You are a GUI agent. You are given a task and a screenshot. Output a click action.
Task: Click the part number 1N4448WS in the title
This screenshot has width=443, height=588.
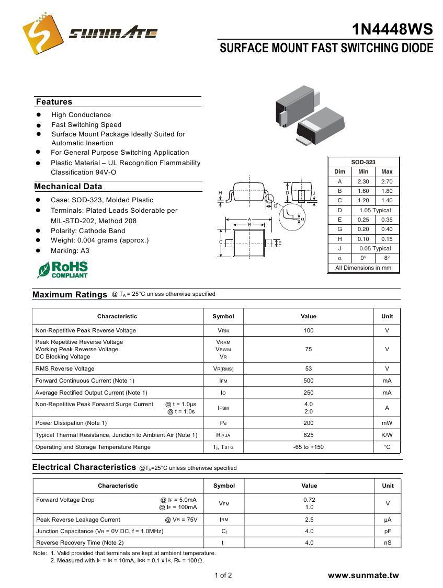point(392,29)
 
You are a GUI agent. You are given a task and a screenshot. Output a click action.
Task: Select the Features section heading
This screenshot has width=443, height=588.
point(54,102)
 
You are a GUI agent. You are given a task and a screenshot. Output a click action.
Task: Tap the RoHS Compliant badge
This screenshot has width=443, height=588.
point(63,270)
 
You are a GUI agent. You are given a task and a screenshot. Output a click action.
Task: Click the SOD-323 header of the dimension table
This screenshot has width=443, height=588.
point(363,162)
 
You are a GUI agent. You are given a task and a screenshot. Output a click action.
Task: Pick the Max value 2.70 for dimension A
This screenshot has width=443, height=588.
point(387,181)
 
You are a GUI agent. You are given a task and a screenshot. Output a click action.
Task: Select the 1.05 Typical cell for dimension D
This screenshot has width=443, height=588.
point(374,210)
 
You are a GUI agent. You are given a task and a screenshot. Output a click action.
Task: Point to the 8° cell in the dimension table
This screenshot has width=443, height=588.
point(387,258)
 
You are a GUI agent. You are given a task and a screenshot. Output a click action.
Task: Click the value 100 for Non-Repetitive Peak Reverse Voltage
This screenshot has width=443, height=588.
point(309,330)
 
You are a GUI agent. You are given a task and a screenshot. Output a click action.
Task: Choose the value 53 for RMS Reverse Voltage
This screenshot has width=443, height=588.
point(309,368)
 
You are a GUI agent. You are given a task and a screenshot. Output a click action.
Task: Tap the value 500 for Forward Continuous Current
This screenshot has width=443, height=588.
point(309,381)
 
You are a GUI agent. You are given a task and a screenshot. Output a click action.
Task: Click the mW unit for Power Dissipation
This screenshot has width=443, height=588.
point(387,423)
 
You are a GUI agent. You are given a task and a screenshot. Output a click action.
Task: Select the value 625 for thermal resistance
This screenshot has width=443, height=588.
point(309,435)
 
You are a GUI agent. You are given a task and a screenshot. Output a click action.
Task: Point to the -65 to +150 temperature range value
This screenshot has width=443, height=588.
point(309,447)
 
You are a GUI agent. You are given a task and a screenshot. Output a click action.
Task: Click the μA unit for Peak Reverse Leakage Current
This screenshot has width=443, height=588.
point(388,520)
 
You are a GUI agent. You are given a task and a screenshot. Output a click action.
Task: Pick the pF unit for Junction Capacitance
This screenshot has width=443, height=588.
point(388,531)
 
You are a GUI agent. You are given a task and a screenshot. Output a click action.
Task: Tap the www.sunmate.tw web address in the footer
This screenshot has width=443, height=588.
point(363,575)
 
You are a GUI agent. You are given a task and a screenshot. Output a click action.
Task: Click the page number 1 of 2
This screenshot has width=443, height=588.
point(223,575)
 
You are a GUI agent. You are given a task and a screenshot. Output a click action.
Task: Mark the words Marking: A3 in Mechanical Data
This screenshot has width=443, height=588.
point(70,250)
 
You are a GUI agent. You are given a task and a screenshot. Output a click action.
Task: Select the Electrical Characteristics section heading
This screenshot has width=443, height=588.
point(84,467)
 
